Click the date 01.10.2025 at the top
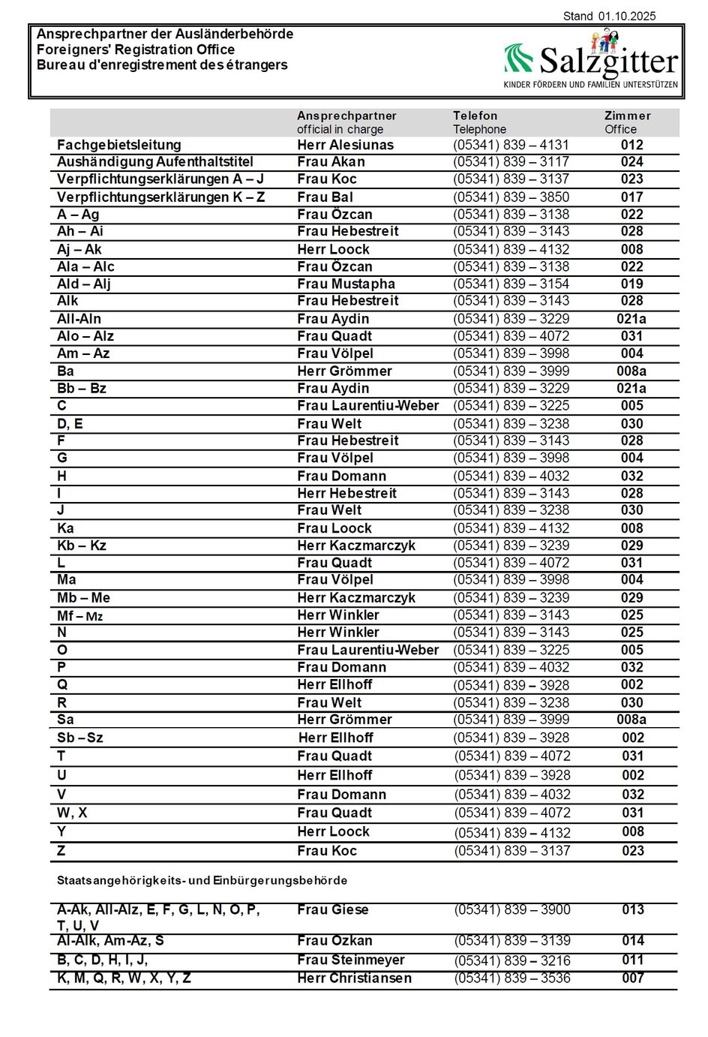(x=627, y=16)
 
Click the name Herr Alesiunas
(x=345, y=145)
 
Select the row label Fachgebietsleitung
(x=119, y=145)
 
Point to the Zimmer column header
(x=628, y=116)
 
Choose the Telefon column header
(x=475, y=116)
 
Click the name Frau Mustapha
(x=346, y=284)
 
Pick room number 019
(x=631, y=284)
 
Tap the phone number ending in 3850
(x=511, y=197)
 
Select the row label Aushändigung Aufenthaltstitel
(x=155, y=162)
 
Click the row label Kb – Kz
(x=82, y=546)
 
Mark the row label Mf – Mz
(x=79, y=616)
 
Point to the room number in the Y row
(x=633, y=831)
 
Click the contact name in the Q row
(x=334, y=684)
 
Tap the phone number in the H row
(x=511, y=476)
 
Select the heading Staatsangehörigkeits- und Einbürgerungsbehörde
(x=202, y=880)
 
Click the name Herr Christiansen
(x=354, y=978)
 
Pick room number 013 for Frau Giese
(x=633, y=909)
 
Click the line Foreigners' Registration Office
(x=136, y=50)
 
